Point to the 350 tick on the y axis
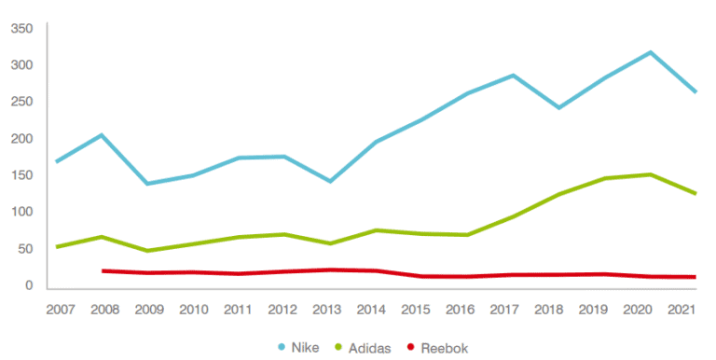click(x=22, y=29)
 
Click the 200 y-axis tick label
click(x=22, y=139)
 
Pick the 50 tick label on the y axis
click(x=26, y=249)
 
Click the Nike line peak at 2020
click(x=650, y=52)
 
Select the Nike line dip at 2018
click(x=558, y=108)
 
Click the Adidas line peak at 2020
click(x=650, y=174)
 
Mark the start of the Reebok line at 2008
click(x=103, y=270)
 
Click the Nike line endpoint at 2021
click(x=695, y=91)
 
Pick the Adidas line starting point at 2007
click(x=58, y=246)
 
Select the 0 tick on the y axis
click(x=30, y=285)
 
